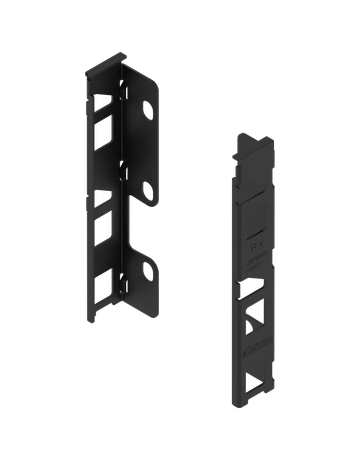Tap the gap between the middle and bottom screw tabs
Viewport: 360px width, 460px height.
point(140,228)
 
